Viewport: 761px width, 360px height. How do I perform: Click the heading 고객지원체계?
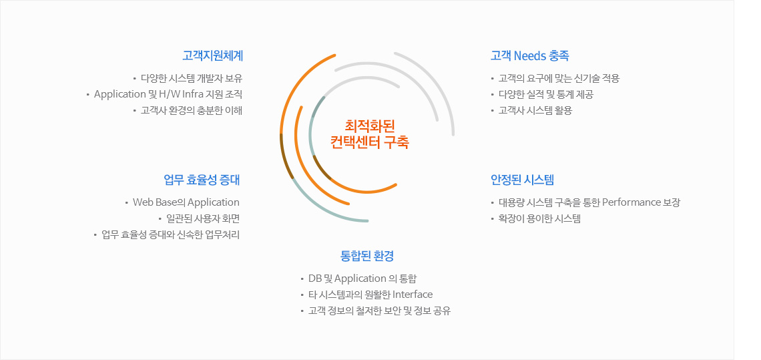(x=212, y=56)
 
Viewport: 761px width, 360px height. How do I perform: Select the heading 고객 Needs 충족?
(x=530, y=56)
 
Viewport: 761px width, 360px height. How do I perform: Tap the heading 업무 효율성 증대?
(x=202, y=180)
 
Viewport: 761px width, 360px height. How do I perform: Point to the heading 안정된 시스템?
(x=522, y=180)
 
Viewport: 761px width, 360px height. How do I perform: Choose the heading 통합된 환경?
(x=367, y=256)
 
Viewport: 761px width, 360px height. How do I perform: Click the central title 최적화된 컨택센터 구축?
(x=370, y=134)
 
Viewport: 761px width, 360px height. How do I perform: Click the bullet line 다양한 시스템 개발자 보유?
(x=191, y=78)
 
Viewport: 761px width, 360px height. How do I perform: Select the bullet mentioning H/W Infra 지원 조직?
(x=168, y=94)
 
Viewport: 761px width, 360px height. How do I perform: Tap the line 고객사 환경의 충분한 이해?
(x=191, y=110)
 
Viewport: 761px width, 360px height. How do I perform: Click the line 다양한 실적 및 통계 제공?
(x=546, y=94)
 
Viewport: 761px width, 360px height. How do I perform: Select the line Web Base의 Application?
(x=186, y=202)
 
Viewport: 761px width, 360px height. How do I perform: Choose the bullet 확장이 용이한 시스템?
(x=539, y=218)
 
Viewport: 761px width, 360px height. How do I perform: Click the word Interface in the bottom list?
(x=413, y=295)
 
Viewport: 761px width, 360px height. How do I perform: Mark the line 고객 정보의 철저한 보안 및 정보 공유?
(x=380, y=311)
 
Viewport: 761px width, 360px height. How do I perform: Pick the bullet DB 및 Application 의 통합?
(x=362, y=279)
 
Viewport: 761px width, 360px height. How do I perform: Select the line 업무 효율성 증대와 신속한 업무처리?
(x=170, y=235)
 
